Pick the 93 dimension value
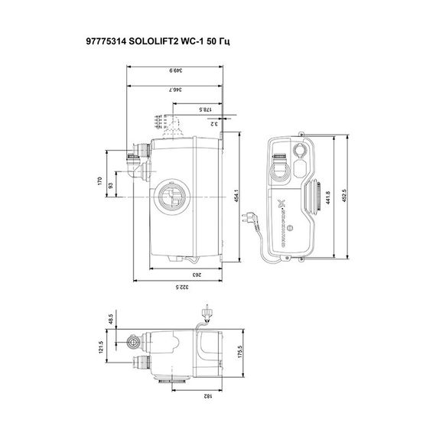tap(112, 185)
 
